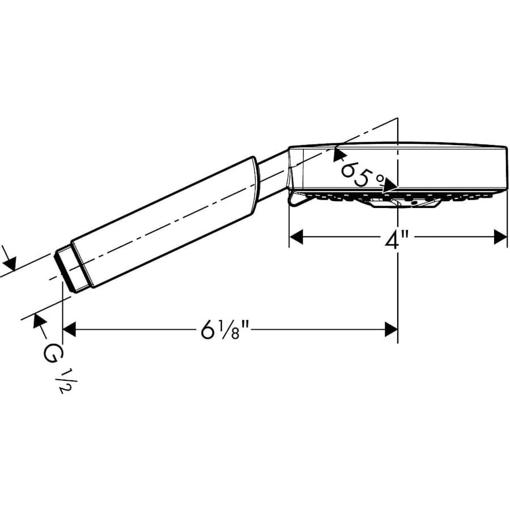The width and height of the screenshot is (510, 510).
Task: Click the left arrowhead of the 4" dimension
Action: [x=296, y=237]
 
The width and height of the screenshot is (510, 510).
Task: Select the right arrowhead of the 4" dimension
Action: [x=500, y=237]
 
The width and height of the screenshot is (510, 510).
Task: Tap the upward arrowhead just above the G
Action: [x=40, y=320]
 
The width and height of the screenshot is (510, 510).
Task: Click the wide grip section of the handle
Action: [x=170, y=221]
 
